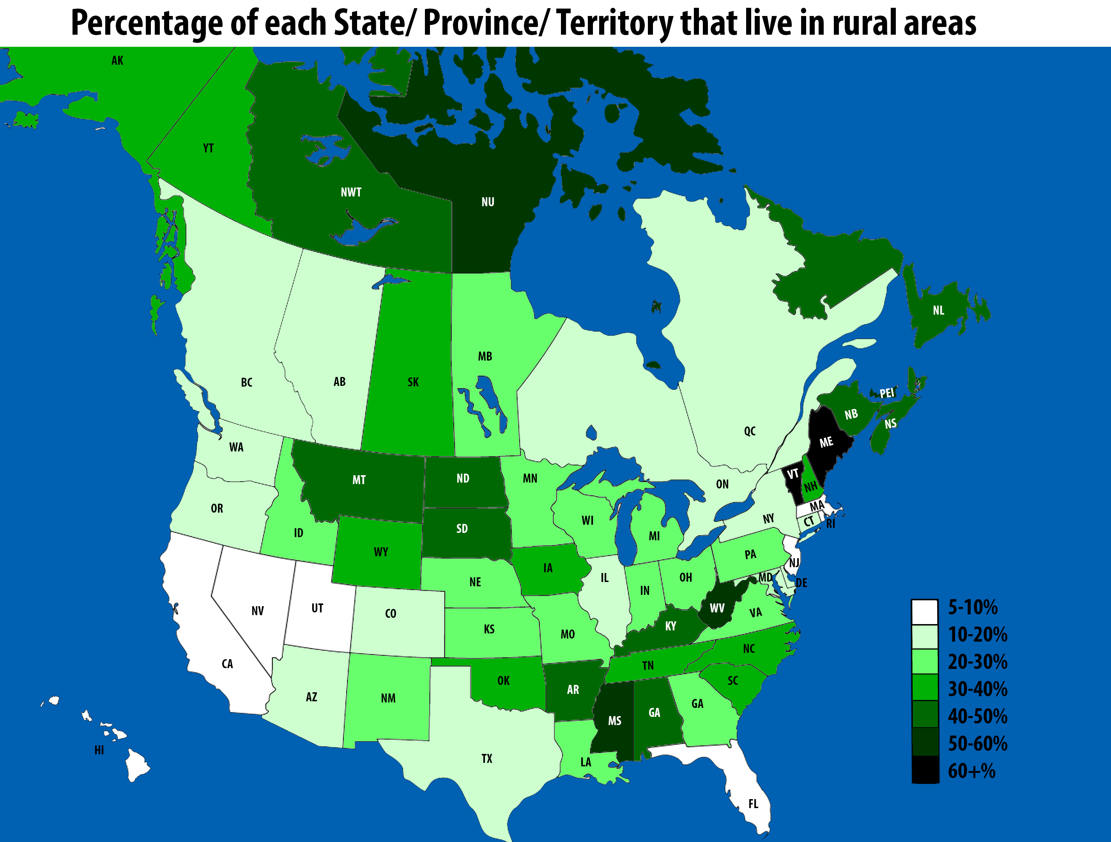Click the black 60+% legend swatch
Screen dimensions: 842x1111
(925, 769)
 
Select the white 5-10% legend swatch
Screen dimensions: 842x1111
(925, 611)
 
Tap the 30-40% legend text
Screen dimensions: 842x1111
(977, 689)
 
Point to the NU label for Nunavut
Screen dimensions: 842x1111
(488, 202)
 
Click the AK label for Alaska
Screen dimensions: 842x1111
(117, 61)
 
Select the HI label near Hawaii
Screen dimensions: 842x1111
(99, 750)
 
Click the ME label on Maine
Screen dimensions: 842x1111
(826, 442)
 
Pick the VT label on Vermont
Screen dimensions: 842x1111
(793, 474)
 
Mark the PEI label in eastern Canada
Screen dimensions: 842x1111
(887, 393)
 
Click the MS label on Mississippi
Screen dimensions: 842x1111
(615, 721)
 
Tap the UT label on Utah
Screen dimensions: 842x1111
(317, 609)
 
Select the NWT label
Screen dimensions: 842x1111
(350, 192)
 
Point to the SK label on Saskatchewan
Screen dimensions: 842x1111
(413, 382)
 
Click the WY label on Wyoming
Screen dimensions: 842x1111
(381, 552)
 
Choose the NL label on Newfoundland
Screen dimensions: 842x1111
(938, 310)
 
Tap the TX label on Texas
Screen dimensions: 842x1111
(487, 759)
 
